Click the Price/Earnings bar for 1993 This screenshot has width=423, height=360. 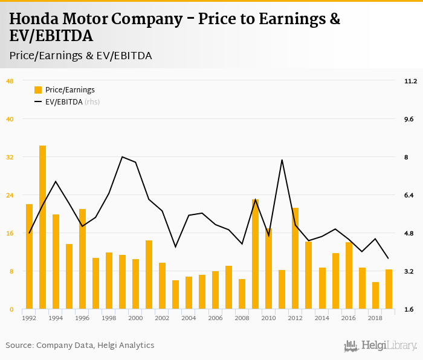pos(43,227)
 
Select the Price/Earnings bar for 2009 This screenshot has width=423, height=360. pos(256,254)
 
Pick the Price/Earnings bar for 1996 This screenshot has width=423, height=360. pos(83,259)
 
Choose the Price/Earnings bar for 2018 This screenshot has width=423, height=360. pos(375,295)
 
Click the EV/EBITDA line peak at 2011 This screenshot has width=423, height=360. pos(282,160)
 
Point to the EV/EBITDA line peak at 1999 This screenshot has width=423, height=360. pos(123,157)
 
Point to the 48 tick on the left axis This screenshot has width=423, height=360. pos(10,81)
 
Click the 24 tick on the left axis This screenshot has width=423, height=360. pos(10,195)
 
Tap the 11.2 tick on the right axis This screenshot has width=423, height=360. pos(411,81)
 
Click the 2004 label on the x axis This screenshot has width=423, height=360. pos(189,318)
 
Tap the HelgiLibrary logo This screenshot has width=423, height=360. pos(381,346)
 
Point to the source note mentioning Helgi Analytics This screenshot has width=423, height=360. pos(80,346)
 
